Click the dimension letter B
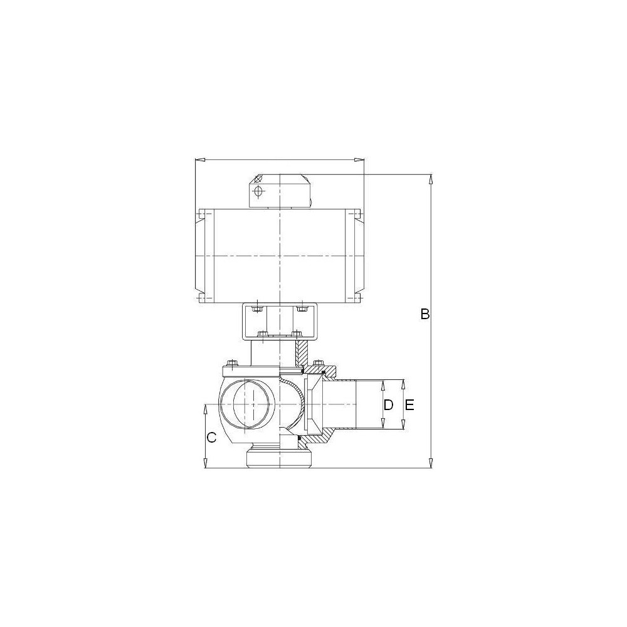pyautogui.click(x=424, y=314)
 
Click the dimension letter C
pyautogui.click(x=211, y=438)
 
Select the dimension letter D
pyautogui.click(x=388, y=405)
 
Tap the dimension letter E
pyautogui.click(x=409, y=405)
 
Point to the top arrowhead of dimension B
pyautogui.click(x=431, y=179)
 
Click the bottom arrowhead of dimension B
pyautogui.click(x=431, y=463)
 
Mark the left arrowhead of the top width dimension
pyautogui.click(x=199, y=161)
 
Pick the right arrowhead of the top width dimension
pyautogui.click(x=359, y=161)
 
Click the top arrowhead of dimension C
pyautogui.click(x=205, y=409)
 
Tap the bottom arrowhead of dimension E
pyautogui.click(x=403, y=424)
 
